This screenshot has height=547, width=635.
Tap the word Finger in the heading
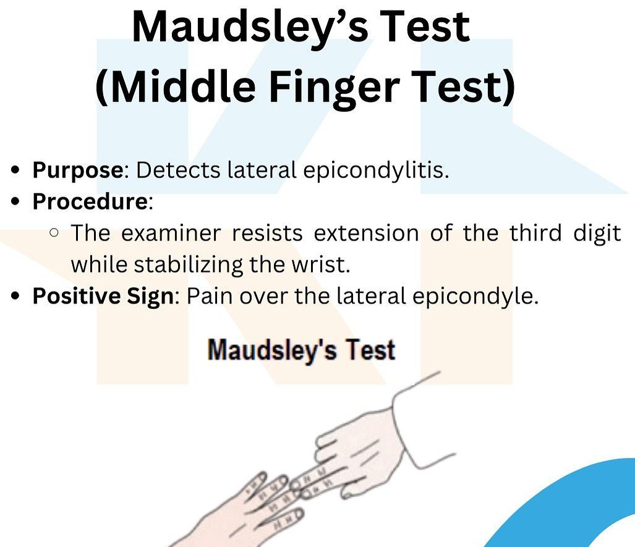[335, 87]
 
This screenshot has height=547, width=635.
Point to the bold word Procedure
[90, 201]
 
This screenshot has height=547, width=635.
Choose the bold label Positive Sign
[103, 297]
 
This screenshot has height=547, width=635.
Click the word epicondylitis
[376, 170]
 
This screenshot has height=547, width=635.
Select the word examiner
[171, 233]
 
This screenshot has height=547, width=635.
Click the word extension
[366, 233]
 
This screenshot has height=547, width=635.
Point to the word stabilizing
[189, 265]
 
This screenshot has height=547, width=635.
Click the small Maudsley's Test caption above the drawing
[301, 350]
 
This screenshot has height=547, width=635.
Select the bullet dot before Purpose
[15, 170]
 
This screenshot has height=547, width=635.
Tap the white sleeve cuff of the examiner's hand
[421, 421]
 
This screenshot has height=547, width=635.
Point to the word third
[535, 233]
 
